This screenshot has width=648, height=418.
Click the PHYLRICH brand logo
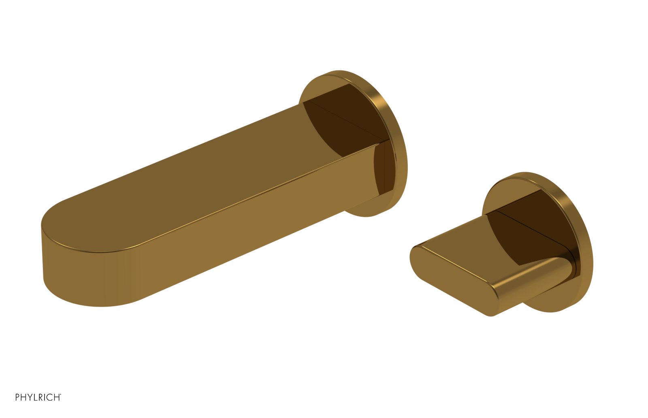coord(38,397)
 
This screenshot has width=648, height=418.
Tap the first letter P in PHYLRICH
coord(17,397)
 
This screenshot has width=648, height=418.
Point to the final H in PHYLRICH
coord(56,397)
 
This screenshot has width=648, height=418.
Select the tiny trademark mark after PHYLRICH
coord(61,395)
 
